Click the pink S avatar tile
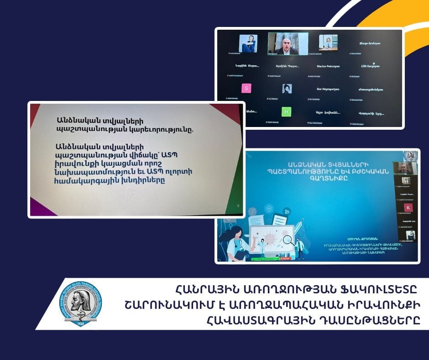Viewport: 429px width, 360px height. pyautogui.click(x=247, y=88)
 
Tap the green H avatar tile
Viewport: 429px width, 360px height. pyautogui.click(x=286, y=111)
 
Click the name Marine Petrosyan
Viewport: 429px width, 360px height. pyautogui.click(x=328, y=66)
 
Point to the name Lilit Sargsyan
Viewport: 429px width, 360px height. pyautogui.click(x=370, y=66)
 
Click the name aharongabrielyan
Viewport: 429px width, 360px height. pyautogui.click(x=370, y=89)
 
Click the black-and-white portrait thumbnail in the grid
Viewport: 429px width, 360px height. pyautogui.click(x=287, y=89)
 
